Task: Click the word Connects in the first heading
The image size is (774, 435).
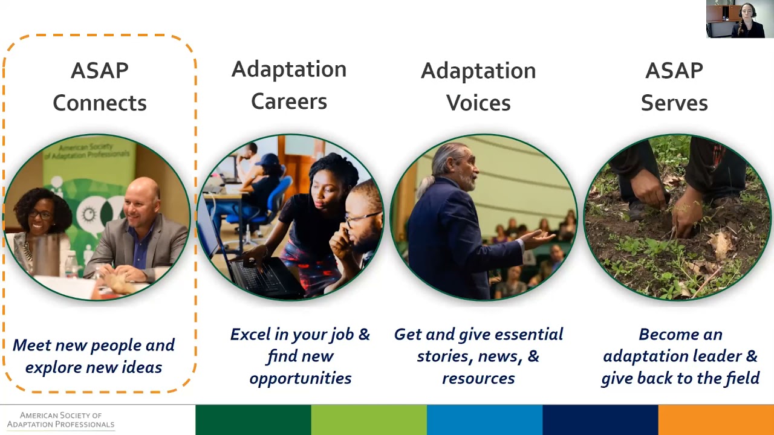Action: point(100,103)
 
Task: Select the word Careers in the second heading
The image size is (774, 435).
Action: point(289,101)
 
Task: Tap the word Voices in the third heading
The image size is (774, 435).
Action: point(478,103)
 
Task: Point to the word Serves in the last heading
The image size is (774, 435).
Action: point(674,103)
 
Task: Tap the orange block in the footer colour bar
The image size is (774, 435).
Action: point(716,420)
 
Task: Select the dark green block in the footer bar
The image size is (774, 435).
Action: point(253,420)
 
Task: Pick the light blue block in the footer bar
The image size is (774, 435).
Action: point(485,420)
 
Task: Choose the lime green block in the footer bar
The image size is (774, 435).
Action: point(369,420)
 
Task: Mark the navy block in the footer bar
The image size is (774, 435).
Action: point(600,420)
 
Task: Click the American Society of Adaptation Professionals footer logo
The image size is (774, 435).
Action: point(61,420)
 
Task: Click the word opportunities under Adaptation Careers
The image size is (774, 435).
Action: point(301,379)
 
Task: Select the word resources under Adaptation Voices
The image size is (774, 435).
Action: point(478,379)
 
